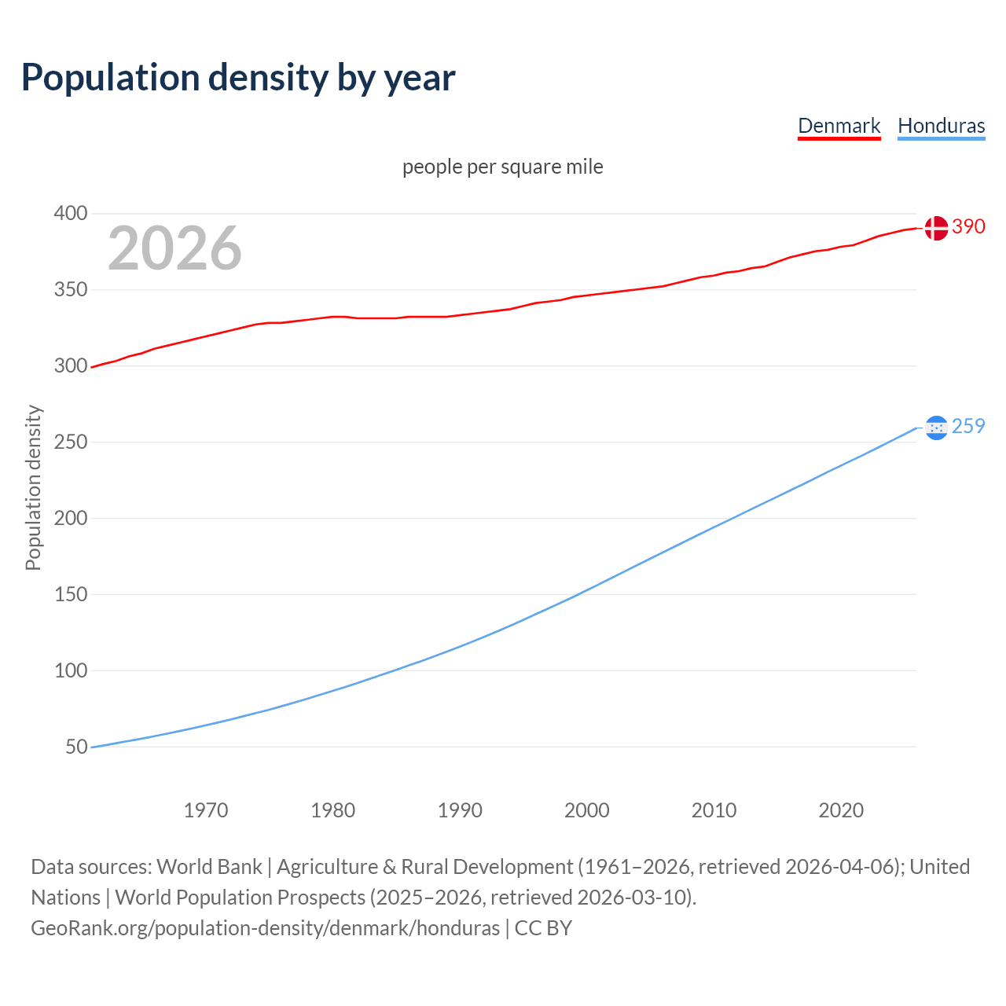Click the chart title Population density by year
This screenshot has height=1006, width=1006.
tap(238, 78)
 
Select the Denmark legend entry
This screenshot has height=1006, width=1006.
tap(839, 126)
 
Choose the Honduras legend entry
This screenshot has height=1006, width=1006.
tap(941, 126)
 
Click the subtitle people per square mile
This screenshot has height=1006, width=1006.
tap(502, 167)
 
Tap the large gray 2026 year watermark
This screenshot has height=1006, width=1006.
tap(174, 248)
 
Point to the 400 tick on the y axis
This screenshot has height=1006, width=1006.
tap(70, 214)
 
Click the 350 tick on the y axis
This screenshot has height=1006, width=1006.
tap(70, 290)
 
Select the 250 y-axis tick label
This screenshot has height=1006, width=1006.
tap(70, 442)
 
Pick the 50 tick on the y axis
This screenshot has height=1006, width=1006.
tap(76, 747)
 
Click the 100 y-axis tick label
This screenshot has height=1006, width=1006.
tap(70, 670)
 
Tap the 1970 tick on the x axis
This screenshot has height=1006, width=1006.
tap(206, 810)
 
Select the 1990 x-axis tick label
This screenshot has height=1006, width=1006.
tap(460, 810)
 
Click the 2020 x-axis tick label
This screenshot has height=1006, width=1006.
tap(841, 810)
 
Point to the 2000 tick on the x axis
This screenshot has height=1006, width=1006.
tap(587, 810)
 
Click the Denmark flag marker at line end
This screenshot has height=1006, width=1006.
tap(935, 228)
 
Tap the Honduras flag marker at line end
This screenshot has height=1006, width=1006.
tap(935, 428)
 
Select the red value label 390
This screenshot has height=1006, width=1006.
tap(968, 227)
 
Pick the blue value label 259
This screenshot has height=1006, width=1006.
tap(968, 427)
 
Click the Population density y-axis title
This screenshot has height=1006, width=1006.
tap(33, 487)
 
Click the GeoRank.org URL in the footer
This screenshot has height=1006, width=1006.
tap(265, 928)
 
